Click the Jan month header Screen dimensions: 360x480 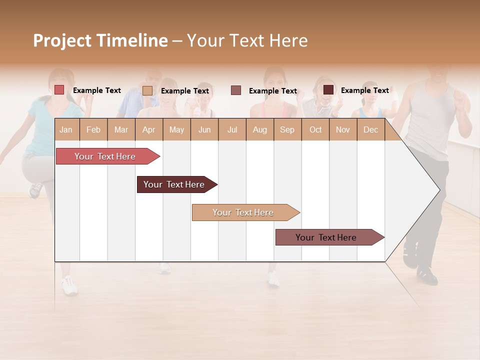66,130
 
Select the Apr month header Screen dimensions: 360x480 148,130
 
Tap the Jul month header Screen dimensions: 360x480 232,130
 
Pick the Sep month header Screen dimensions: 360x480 287,130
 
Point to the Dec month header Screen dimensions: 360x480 370,130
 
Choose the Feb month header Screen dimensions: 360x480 93,130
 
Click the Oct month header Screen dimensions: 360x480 315,130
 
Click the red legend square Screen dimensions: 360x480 59,90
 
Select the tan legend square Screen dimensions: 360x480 147,90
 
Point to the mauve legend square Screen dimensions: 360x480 236,90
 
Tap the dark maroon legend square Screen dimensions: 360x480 328,90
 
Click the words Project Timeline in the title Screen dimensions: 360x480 100,40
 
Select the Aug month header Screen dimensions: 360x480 259,130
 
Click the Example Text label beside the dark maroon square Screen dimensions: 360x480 364,90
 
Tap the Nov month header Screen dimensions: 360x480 343,130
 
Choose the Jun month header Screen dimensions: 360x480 204,130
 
